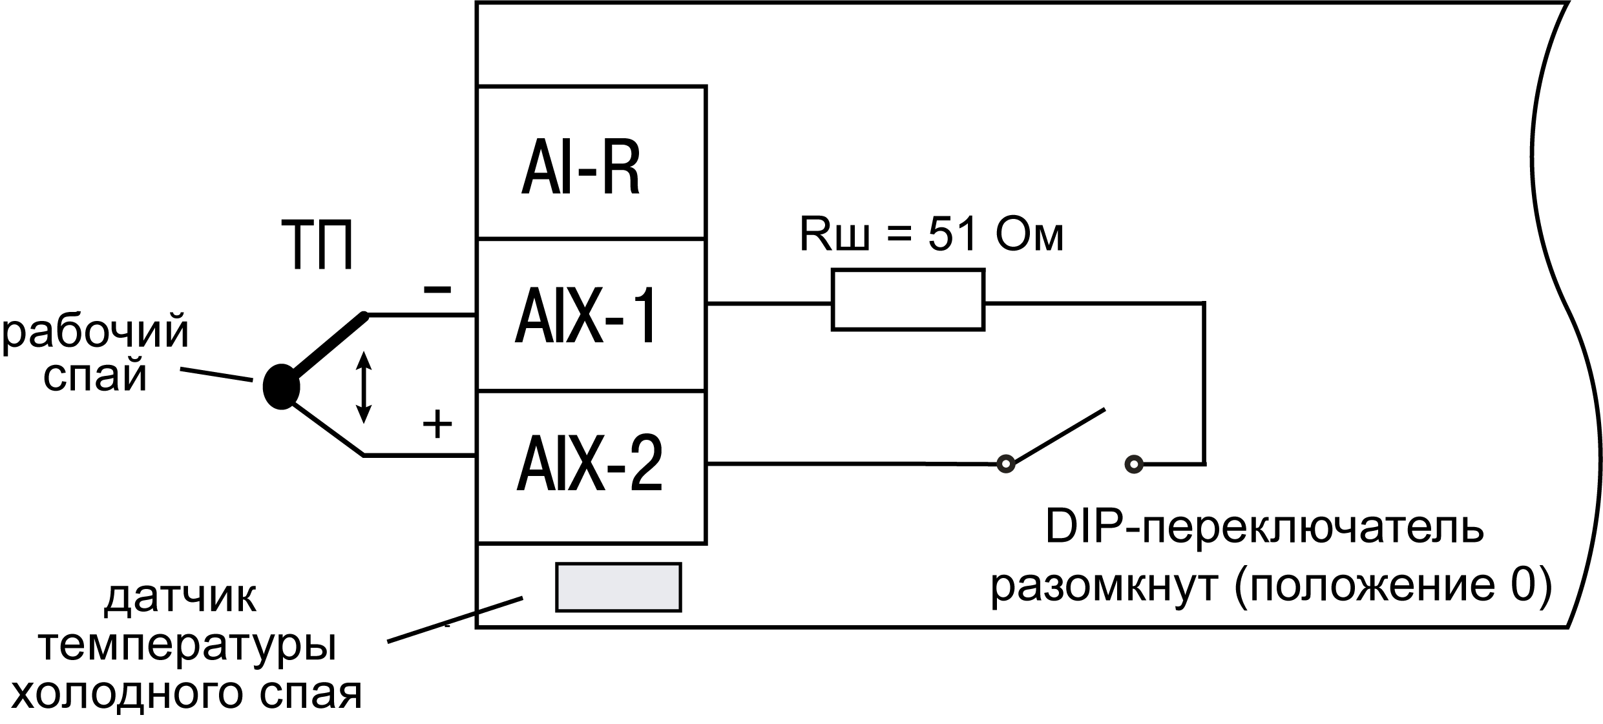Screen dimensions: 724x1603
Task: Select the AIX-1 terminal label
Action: (587, 316)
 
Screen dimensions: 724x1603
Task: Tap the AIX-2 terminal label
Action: (589, 465)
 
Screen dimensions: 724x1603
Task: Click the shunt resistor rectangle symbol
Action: (907, 301)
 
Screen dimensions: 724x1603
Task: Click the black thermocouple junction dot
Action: (282, 387)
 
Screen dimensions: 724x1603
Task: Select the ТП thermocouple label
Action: (318, 245)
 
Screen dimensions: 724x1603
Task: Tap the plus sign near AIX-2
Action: (437, 424)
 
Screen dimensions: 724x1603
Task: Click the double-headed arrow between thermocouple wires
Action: (364, 388)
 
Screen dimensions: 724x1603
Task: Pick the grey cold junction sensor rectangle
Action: (618, 586)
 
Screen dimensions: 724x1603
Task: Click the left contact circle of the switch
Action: (1005, 464)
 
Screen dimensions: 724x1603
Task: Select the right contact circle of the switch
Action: (1134, 464)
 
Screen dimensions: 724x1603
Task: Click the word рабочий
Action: (96, 333)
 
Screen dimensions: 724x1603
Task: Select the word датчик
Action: (180, 598)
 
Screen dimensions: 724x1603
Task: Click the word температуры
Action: (187, 648)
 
